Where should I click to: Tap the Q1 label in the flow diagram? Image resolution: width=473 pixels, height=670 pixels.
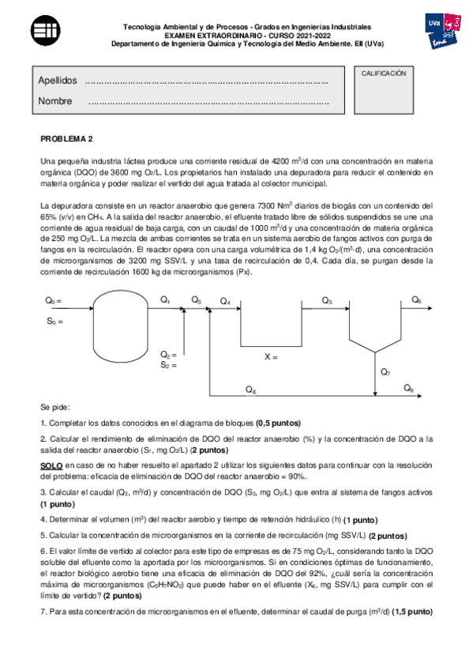[165, 299]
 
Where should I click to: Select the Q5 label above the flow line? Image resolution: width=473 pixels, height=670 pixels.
[327, 301]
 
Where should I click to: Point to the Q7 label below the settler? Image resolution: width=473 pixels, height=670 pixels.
[385, 371]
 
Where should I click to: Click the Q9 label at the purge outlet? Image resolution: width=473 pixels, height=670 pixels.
[408, 388]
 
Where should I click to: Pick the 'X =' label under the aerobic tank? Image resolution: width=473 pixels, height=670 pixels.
[271, 357]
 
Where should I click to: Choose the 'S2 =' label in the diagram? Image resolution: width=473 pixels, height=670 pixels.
[168, 365]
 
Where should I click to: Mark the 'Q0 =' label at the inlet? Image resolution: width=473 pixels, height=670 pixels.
[53, 301]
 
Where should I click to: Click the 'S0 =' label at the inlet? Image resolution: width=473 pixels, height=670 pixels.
[53, 322]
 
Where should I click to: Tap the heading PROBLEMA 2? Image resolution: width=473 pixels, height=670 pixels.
[66, 139]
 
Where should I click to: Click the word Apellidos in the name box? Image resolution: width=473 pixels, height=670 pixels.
[57, 81]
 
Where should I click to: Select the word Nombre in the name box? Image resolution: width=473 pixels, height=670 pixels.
[54, 101]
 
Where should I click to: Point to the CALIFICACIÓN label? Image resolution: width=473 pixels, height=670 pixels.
[383, 73]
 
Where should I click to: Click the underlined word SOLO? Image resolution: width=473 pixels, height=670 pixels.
[51, 466]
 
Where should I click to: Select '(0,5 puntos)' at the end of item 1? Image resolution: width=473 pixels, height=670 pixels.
[279, 422]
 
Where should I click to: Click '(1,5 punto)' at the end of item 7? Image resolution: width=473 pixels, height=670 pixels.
[412, 612]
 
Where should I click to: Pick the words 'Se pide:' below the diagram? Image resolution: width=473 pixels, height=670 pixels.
[54, 406]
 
